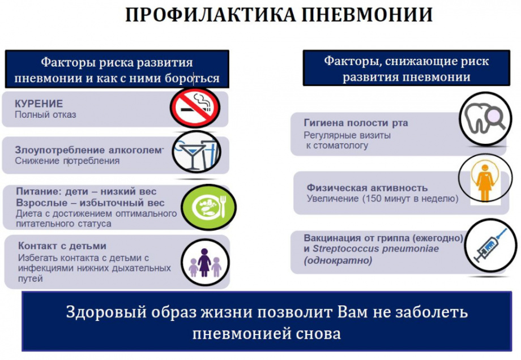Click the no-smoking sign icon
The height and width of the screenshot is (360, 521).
[195, 108]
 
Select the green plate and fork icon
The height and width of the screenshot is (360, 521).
[208, 207]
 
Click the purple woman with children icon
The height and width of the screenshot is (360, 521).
[205, 263]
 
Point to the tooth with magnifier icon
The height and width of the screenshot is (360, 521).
[485, 119]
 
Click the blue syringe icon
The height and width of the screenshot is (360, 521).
[490, 245]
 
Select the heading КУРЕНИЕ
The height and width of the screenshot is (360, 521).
[39, 104]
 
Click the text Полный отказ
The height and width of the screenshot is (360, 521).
[45, 115]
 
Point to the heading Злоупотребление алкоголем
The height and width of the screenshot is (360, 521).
[88, 150]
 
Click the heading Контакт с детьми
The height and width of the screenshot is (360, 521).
[62, 246]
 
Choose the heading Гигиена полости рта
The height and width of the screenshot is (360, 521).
[356, 123]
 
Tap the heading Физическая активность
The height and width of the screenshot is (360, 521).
[367, 188]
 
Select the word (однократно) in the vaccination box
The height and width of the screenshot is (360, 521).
[338, 260]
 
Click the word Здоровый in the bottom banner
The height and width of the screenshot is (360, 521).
[106, 312]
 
